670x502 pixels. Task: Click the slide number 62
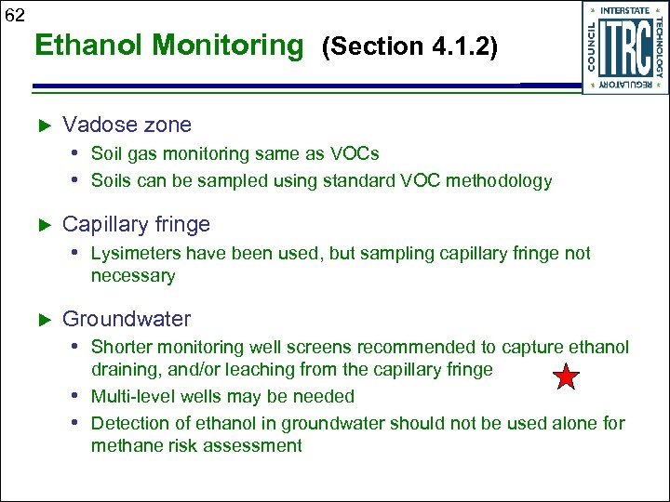(15, 15)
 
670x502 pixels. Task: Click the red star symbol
(566, 377)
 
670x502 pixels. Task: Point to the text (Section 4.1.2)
(409, 46)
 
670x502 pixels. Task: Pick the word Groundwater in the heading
(126, 319)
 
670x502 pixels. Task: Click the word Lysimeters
(136, 254)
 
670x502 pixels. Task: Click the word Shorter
(121, 348)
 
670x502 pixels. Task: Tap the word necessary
(132, 276)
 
